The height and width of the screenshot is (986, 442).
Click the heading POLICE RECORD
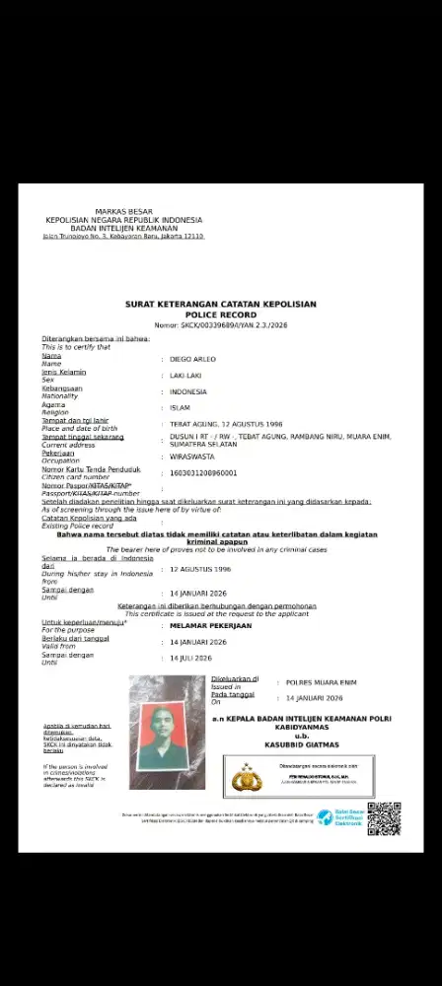pos(220,314)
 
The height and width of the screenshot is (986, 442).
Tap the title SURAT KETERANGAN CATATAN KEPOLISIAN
pos(220,305)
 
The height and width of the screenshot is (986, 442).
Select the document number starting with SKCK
pos(220,324)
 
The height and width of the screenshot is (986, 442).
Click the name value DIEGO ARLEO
pos(192,359)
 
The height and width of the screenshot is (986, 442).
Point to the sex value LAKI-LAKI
pos(188,376)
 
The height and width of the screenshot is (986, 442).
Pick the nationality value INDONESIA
pos(188,391)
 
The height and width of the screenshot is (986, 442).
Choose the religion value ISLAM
pos(181,407)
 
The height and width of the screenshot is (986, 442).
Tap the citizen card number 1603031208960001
pos(204,473)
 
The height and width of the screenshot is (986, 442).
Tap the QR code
pos(384,818)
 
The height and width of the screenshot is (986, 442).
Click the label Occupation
pos(60,460)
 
